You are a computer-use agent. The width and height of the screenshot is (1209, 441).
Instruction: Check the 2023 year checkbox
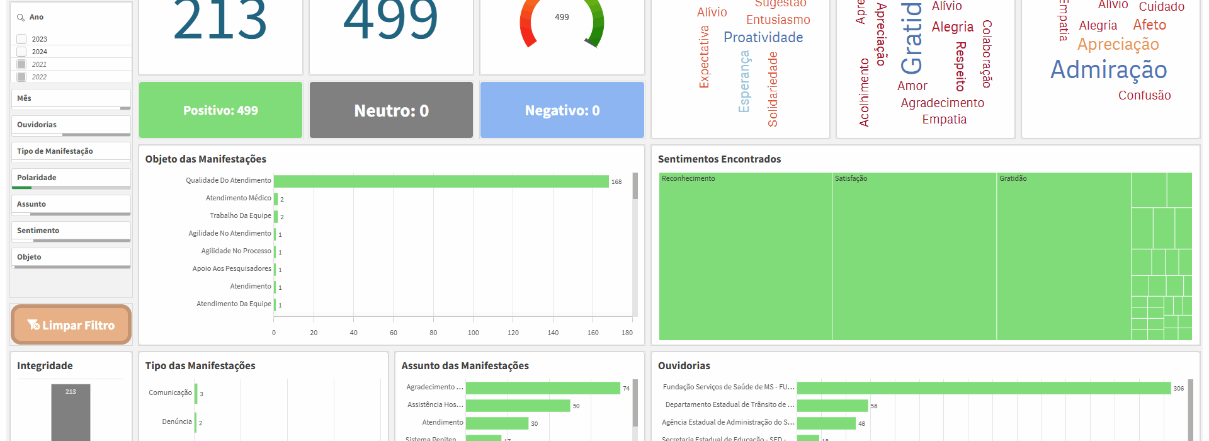click(x=21, y=39)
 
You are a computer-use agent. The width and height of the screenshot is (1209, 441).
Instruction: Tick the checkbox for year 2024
click(x=21, y=52)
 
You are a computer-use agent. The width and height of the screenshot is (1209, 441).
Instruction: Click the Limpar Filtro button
click(x=71, y=325)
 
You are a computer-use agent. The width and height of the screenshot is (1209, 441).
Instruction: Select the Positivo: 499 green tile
click(x=220, y=110)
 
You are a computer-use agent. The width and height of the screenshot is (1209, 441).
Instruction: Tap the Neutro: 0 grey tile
click(x=391, y=110)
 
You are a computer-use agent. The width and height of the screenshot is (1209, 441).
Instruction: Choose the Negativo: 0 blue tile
click(x=562, y=110)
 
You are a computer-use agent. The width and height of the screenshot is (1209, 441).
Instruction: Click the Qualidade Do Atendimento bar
click(x=441, y=181)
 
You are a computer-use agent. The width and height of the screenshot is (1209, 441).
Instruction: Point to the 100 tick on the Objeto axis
click(x=473, y=333)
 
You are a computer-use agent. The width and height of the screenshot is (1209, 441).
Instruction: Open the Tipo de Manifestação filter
click(x=71, y=151)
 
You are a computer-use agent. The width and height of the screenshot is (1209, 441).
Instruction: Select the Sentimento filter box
click(x=71, y=231)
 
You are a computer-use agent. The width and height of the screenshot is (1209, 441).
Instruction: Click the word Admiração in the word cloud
click(x=1108, y=70)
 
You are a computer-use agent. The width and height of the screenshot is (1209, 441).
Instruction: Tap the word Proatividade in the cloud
click(x=763, y=38)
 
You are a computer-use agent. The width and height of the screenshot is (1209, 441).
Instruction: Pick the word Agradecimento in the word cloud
click(x=942, y=103)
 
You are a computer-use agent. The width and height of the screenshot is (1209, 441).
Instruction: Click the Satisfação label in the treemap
click(x=851, y=179)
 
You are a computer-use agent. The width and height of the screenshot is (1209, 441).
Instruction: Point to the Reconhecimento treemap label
click(x=688, y=179)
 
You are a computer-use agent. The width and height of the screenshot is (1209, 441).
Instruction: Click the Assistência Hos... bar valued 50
click(x=518, y=406)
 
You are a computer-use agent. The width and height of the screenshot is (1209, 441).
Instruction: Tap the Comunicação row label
click(x=170, y=392)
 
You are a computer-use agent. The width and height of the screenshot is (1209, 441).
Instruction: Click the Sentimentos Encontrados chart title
click(x=719, y=159)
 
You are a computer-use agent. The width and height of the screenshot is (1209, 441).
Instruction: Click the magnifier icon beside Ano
click(x=21, y=18)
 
